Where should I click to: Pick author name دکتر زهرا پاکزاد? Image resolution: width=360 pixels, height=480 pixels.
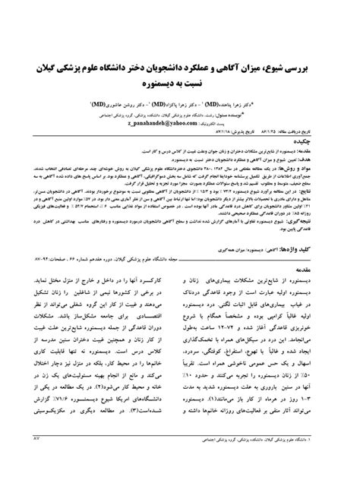tap(198, 100)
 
